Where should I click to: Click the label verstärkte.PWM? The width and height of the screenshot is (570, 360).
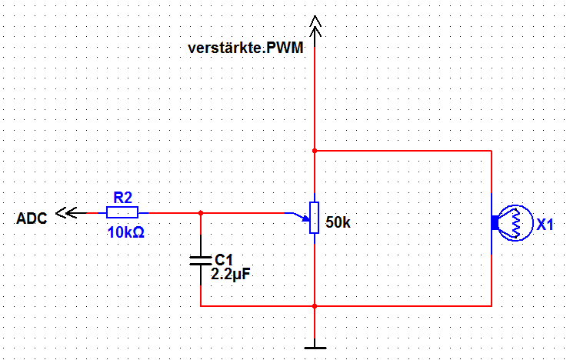[x=245, y=48]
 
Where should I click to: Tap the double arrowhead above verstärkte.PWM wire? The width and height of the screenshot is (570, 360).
[x=315, y=26]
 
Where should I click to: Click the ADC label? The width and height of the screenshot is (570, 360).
[x=32, y=218]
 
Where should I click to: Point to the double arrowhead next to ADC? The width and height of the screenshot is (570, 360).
[x=66, y=213]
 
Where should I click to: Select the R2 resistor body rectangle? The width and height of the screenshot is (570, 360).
[x=122, y=212]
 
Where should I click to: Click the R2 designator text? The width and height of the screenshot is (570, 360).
[x=122, y=198]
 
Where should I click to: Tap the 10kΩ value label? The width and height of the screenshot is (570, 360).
[x=126, y=232]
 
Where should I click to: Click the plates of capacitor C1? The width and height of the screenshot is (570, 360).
[x=201, y=260]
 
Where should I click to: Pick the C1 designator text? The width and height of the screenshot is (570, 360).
[x=224, y=260]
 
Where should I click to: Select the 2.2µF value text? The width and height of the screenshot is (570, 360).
[x=231, y=274]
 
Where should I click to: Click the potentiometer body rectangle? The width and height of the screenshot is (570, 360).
[x=315, y=218]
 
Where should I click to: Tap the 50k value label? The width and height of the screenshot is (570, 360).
[x=338, y=222]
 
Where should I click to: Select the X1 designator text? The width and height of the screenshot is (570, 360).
[x=545, y=225]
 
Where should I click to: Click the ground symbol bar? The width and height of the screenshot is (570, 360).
[x=315, y=348]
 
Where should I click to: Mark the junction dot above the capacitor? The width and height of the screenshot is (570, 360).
[x=201, y=213]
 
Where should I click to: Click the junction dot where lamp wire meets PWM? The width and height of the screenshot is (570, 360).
[x=315, y=151]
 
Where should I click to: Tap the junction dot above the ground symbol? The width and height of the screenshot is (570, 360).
[x=315, y=306]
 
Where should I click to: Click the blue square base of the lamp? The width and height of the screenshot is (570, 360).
[x=495, y=222]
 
